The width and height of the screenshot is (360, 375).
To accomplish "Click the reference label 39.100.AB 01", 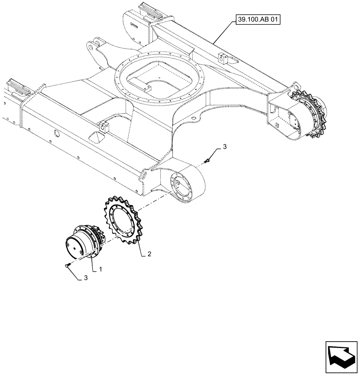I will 258,18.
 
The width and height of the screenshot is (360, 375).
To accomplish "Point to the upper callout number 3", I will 225,147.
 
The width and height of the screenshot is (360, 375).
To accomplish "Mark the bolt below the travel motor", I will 67,265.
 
